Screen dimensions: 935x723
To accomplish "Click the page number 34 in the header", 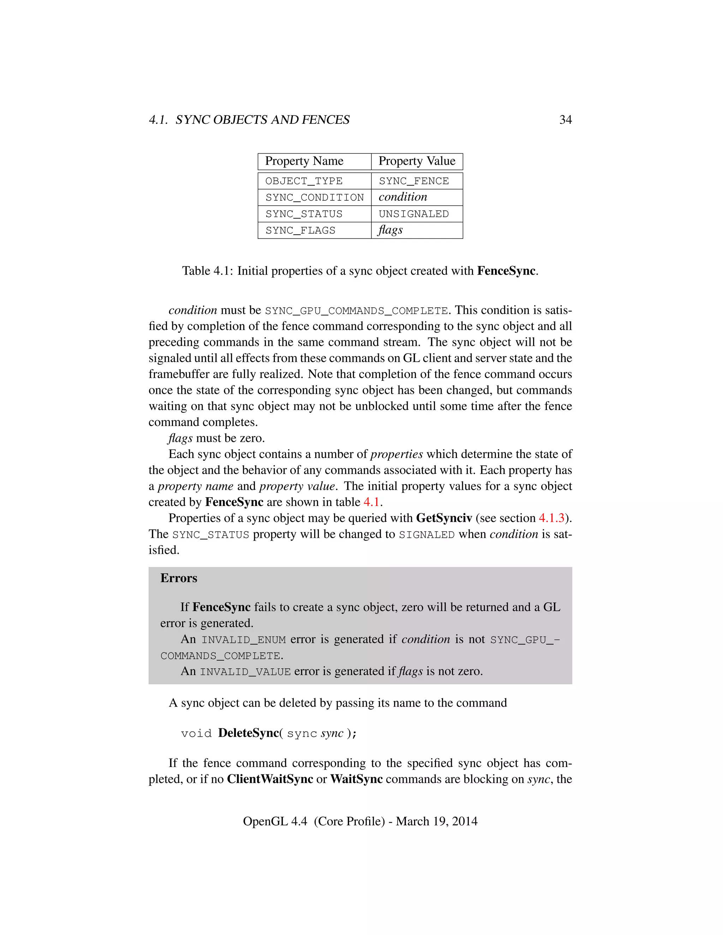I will point(566,120).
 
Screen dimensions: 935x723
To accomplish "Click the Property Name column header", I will point(304,161).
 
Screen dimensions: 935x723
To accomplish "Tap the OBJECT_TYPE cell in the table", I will point(304,181).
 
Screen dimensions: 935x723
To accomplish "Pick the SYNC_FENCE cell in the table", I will point(414,181).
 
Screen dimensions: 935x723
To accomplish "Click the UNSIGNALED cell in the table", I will point(414,214).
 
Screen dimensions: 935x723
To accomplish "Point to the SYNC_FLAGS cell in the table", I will point(300,231).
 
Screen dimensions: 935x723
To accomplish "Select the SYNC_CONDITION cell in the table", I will point(315,197).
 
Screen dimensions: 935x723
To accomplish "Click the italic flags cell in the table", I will point(390,230).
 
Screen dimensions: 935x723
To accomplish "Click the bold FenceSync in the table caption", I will point(506,271).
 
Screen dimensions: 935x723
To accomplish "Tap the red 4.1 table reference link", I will point(371,502).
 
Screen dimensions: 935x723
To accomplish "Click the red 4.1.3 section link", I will point(552,518).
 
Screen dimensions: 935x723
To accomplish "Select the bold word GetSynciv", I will point(444,518).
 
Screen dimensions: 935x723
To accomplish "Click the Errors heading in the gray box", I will point(179,578).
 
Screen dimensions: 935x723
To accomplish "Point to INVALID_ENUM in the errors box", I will point(243,640).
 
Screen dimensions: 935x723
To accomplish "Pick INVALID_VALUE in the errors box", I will point(245,672).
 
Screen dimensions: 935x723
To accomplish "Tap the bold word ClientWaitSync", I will point(270,779).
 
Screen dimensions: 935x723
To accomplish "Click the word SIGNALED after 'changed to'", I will point(426,535).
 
